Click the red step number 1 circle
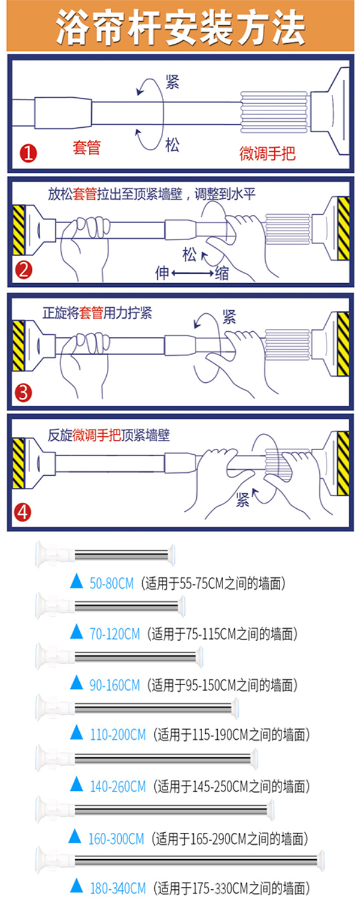coord(29,153)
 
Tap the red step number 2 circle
coord(24,269)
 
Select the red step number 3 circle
coord(23,392)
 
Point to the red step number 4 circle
coord(23,512)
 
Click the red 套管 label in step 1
coord(86,148)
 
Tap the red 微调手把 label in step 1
coord(267,153)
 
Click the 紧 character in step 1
coord(172,82)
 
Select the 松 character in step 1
coord(172,145)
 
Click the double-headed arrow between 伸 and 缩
coord(193,274)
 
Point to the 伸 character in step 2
coord(163,273)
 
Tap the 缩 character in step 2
coord(222,274)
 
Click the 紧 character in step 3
coord(229,317)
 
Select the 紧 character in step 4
coord(242,499)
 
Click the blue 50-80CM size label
coord(112,583)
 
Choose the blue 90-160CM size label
coord(115,685)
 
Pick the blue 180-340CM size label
coord(118,887)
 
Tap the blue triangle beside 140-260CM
coord(76,784)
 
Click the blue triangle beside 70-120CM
coord(76,631)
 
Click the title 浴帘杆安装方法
coord(181,28)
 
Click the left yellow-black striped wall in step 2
coord(19,230)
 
